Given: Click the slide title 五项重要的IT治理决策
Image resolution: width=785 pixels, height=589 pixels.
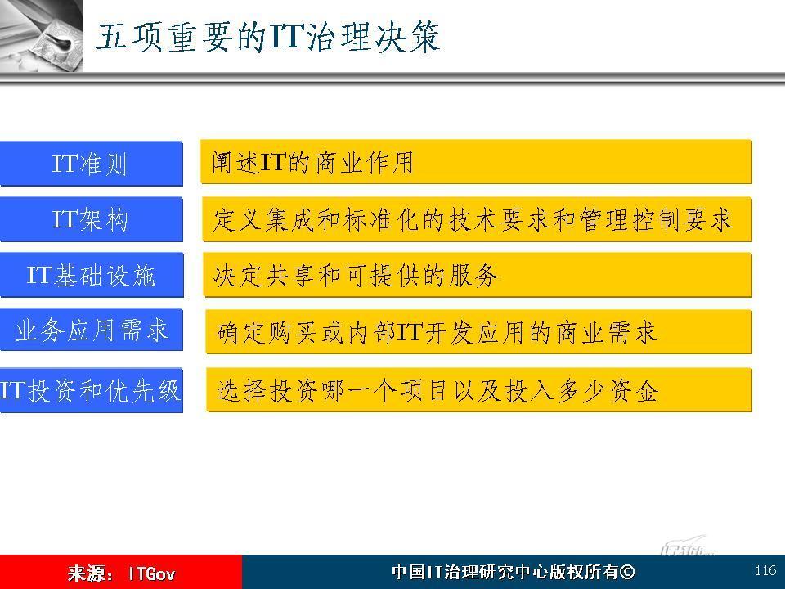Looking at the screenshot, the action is [268, 37].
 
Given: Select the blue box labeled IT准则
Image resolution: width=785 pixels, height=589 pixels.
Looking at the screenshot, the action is [91, 164].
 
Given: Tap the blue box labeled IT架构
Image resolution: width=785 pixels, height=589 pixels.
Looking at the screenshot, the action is [91, 219].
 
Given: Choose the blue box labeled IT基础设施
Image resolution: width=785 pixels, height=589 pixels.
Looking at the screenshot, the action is [91, 275].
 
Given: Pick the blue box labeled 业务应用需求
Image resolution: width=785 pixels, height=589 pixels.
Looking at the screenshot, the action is [91, 330].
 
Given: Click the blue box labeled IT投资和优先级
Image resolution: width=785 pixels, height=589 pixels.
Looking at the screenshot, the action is [91, 391].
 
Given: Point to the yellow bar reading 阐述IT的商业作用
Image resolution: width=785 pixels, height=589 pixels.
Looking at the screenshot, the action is [476, 162].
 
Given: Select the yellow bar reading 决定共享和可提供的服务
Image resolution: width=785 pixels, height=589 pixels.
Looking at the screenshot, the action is [478, 275].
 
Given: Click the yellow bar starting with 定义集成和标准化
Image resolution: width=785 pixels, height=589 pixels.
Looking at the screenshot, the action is [477, 219].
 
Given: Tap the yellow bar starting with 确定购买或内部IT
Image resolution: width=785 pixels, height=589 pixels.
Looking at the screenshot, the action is [478, 332].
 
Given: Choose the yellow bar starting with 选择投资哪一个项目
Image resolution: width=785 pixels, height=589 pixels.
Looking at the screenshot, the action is [479, 390].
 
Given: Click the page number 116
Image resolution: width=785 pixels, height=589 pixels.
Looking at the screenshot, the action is [765, 570].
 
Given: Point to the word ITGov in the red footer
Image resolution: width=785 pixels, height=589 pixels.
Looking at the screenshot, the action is [152, 573].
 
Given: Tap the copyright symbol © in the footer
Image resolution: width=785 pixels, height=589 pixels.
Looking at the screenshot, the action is [627, 572].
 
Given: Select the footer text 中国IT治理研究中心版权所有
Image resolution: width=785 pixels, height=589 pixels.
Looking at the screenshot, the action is [505, 572].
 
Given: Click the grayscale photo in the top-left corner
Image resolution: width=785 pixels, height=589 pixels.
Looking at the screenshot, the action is [42, 35].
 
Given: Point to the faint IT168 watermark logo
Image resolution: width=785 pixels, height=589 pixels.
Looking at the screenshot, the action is [687, 546].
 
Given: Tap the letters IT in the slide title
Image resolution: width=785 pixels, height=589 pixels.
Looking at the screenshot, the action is [286, 37].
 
